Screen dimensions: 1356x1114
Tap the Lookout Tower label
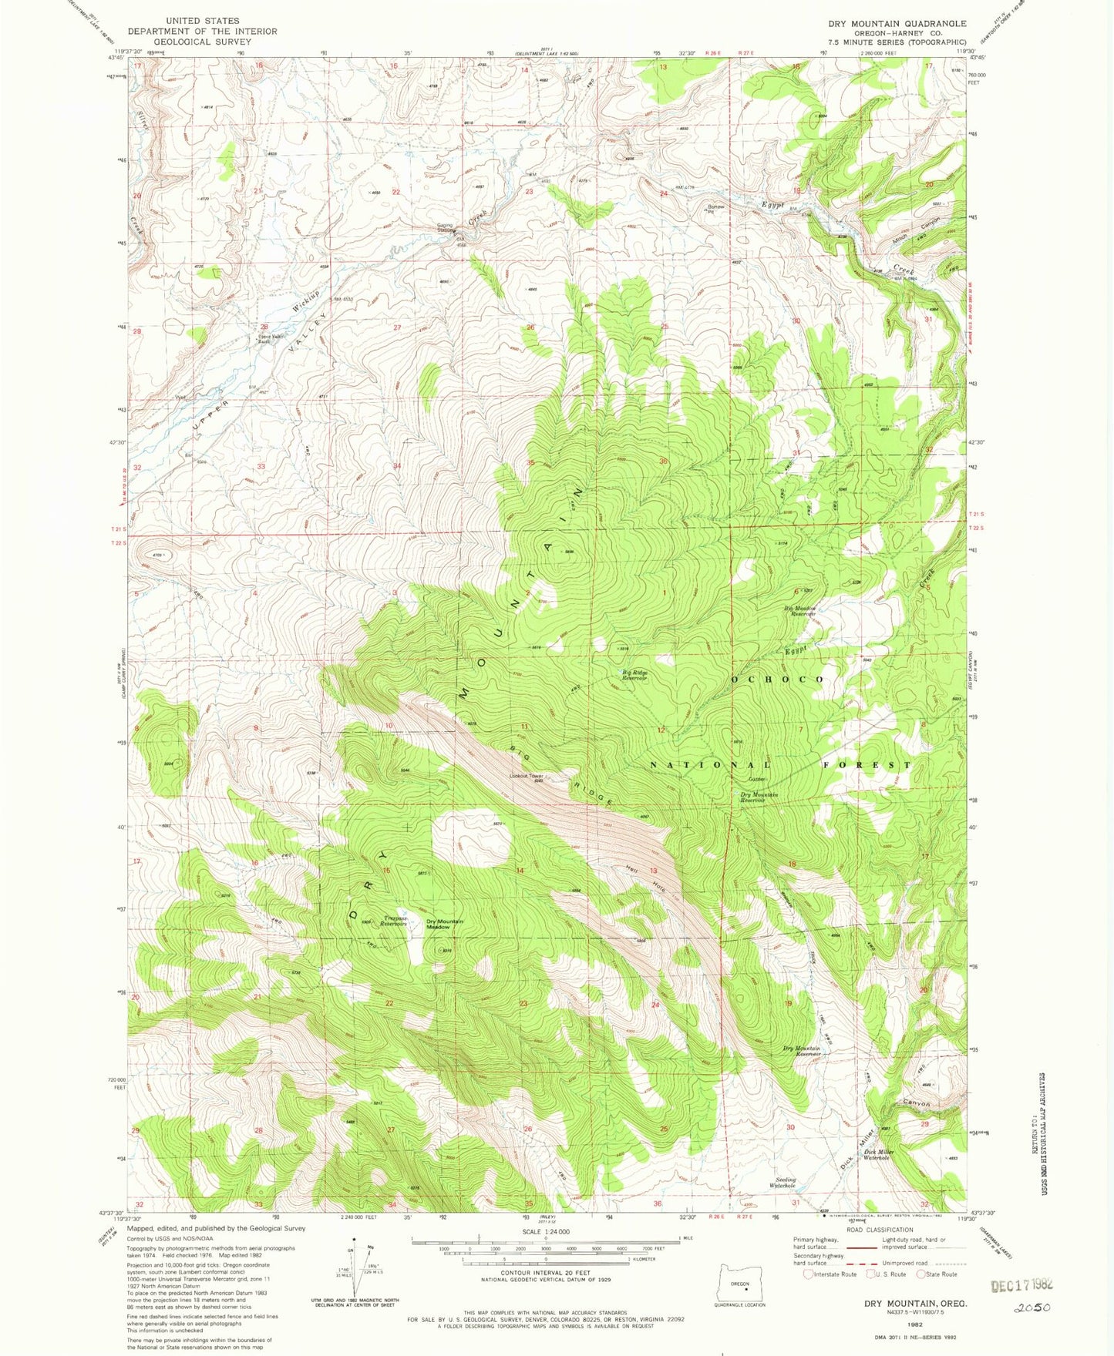[527, 776]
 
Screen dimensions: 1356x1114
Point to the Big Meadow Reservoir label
[800, 611]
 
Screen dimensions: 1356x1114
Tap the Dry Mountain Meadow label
[445, 924]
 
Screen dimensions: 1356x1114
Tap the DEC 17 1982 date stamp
[1021, 1286]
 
